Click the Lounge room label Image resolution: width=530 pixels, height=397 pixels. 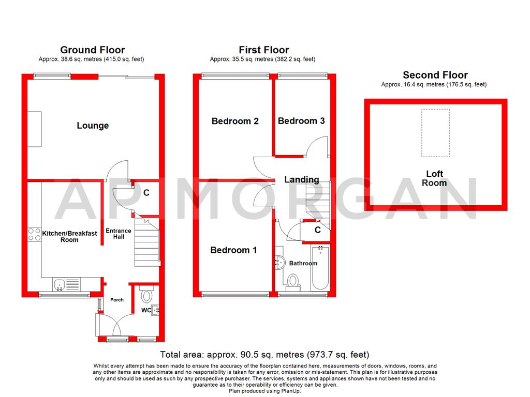coord(93,126)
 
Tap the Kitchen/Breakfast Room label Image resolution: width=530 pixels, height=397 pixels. coord(69,237)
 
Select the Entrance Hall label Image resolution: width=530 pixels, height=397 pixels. coord(119,234)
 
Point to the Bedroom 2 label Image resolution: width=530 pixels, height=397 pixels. coord(235,121)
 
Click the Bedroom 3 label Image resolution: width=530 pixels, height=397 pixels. coord(301,121)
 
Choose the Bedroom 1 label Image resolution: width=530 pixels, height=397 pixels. coord(233,250)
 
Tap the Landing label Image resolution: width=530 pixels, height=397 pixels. coord(302,180)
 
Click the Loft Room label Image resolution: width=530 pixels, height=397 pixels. coord(434,178)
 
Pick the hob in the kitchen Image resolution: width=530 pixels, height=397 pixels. coord(35,234)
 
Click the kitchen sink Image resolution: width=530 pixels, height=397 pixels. coord(60,284)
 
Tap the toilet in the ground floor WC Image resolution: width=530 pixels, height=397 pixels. coord(146,295)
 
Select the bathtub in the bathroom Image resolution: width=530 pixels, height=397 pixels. coord(320,268)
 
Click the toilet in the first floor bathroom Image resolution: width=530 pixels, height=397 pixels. coord(293,281)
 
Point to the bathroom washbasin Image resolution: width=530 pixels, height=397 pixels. coord(280,263)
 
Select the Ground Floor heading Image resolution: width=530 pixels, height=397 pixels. coord(93,50)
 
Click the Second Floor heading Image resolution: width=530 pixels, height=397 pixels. coord(435,75)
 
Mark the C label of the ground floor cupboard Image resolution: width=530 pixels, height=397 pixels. coord(146,193)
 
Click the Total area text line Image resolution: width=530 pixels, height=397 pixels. coord(264,355)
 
